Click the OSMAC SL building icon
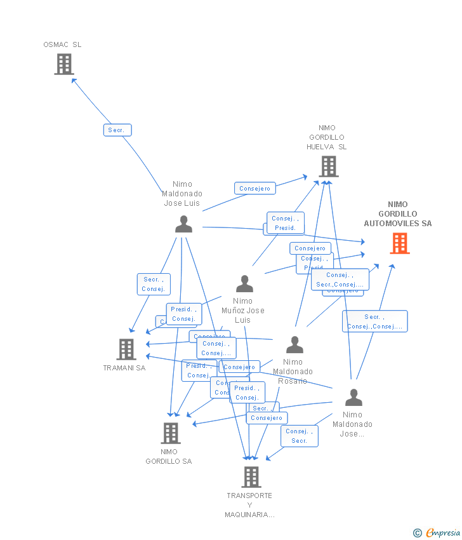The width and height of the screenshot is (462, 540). pyautogui.click(x=64, y=64)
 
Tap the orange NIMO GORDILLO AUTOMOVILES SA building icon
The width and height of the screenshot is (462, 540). pyautogui.click(x=399, y=243)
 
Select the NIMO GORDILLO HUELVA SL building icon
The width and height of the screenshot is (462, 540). pyautogui.click(x=328, y=166)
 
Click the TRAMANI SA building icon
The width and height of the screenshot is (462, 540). pyautogui.click(x=126, y=349)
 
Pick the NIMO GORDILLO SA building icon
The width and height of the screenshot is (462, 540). pyautogui.click(x=170, y=433)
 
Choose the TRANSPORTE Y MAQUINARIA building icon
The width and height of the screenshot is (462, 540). pyautogui.click(x=251, y=476)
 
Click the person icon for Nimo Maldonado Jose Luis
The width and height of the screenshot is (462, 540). pyautogui.click(x=183, y=224)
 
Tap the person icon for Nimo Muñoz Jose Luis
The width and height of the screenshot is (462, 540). pyautogui.click(x=244, y=283)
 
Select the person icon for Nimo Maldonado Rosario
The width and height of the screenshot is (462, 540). pyautogui.click(x=294, y=344)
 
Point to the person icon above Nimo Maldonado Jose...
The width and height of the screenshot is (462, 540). pyautogui.click(x=353, y=397)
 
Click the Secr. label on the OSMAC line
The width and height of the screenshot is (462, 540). pyautogui.click(x=117, y=130)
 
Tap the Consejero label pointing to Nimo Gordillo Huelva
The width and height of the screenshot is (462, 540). pyautogui.click(x=255, y=188)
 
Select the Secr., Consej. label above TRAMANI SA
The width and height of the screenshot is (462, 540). pyautogui.click(x=154, y=284)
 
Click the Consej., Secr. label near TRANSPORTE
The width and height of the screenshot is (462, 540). pyautogui.click(x=300, y=436)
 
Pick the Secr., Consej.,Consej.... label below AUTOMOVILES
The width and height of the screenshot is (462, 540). pyautogui.click(x=374, y=321)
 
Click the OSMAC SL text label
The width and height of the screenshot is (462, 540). pyautogui.click(x=62, y=44)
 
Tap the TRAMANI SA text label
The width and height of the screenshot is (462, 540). pyautogui.click(x=124, y=368)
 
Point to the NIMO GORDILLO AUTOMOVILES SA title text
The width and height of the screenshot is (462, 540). pyautogui.click(x=398, y=214)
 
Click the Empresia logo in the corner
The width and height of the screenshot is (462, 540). pyautogui.click(x=442, y=533)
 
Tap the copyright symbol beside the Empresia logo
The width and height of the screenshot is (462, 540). pyautogui.click(x=418, y=533)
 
